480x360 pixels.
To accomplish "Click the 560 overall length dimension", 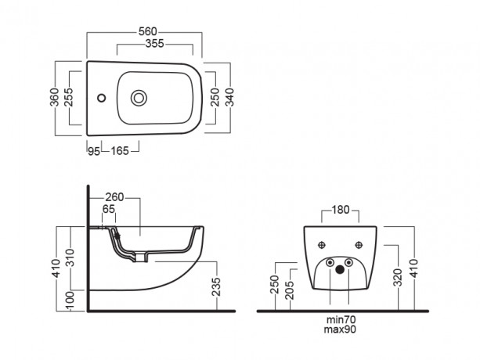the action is [148, 31].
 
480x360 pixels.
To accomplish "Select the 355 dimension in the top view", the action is [154, 44].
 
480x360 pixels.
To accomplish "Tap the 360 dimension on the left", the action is [55, 97].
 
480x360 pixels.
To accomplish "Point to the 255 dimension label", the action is [69, 97].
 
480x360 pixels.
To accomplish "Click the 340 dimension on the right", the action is [229, 97].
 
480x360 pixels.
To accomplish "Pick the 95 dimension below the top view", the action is [94, 151].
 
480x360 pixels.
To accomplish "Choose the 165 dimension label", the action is [120, 151].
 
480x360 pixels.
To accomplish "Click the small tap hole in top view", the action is [101, 98].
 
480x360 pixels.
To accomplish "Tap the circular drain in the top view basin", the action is [139, 98].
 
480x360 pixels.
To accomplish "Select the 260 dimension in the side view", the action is [114, 197].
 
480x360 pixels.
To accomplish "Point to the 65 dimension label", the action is [109, 209].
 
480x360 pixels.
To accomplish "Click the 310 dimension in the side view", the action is [70, 257].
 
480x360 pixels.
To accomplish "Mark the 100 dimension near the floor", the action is [70, 301].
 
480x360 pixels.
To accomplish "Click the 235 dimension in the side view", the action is [216, 286].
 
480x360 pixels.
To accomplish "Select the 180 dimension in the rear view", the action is [341, 210].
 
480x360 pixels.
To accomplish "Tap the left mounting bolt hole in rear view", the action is [321, 245].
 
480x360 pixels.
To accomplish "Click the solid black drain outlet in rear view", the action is [340, 269].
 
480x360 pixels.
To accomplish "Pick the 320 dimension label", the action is [398, 278].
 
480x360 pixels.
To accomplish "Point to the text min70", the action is [341, 320].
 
